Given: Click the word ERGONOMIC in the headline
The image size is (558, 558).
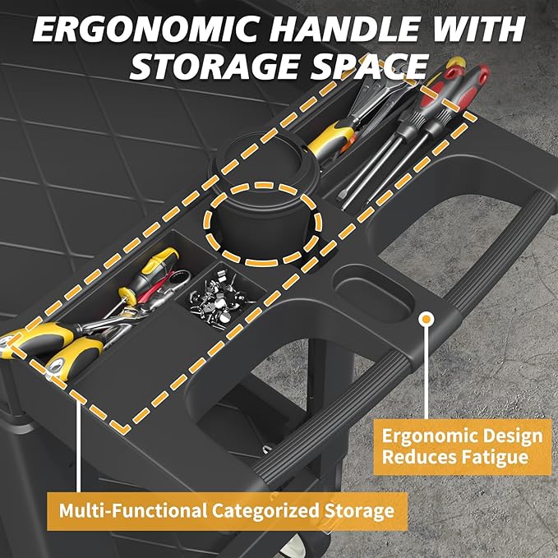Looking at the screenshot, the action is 145,30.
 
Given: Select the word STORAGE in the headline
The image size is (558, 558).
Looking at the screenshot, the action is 213,67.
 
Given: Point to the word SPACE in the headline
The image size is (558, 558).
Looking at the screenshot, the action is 369,67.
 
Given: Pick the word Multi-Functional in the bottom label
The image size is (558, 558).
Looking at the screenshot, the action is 132,510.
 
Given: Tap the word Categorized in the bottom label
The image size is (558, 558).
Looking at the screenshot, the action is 265,510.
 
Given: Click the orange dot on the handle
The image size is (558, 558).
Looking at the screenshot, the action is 426,319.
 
